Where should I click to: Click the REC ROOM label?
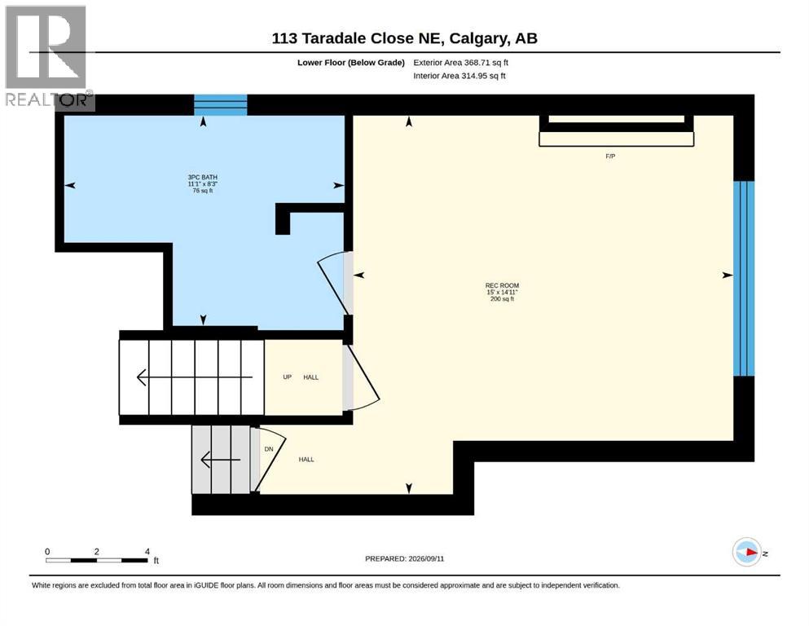point(502,285)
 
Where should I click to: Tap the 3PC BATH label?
point(202,177)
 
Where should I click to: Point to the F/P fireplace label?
point(610,156)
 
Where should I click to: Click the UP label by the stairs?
point(288,377)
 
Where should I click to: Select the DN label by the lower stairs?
point(269,449)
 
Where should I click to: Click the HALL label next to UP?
point(310,377)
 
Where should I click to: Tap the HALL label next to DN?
point(306,459)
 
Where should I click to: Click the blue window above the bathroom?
point(220,105)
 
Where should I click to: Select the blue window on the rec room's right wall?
point(744,278)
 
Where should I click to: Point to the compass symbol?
point(746,552)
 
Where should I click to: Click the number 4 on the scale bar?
point(147,551)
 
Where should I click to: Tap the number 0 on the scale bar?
point(47,551)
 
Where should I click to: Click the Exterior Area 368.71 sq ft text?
point(461,63)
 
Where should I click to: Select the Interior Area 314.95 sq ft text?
point(459,76)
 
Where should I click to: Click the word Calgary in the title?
point(477,38)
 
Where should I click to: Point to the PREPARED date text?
point(404,558)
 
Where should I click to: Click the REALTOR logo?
point(50,58)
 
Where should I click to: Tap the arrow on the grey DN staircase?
point(220,459)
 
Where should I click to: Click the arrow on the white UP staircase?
point(195,377)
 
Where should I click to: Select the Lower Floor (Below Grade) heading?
point(351,63)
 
